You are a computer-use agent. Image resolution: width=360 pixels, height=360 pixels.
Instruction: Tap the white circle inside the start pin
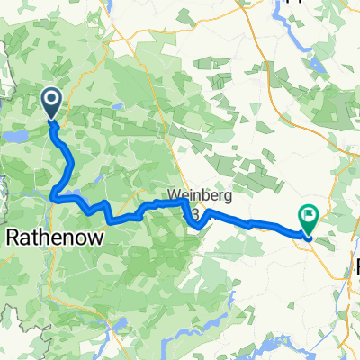click(50, 99)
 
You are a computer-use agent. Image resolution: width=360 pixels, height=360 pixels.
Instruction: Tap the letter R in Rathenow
click(13, 237)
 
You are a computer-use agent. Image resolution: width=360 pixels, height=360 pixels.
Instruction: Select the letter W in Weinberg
click(173, 193)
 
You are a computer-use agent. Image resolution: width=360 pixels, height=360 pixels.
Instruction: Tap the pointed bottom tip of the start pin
click(50, 120)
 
